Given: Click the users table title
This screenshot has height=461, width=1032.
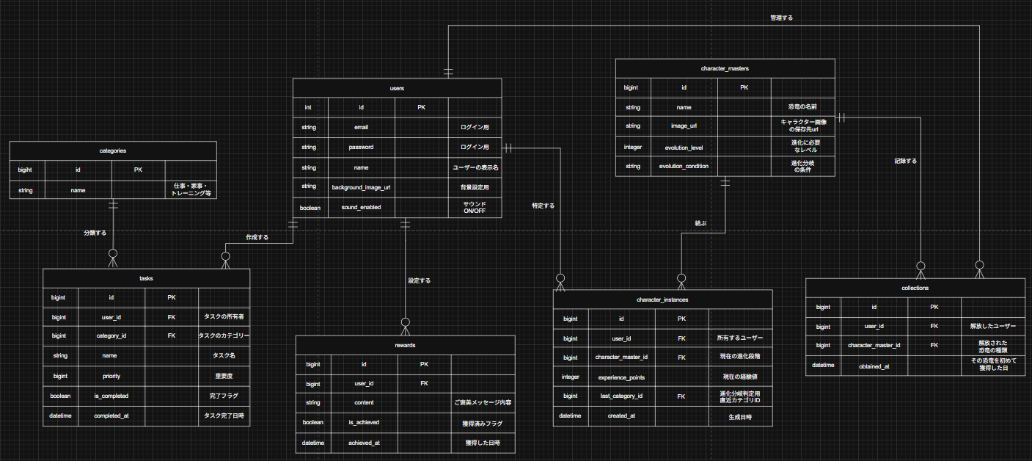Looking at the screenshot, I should pyautogui.click(x=397, y=88).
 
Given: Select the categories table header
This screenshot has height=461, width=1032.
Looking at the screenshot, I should pyautogui.click(x=113, y=150).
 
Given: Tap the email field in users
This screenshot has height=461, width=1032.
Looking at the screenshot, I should pyautogui.click(x=361, y=127).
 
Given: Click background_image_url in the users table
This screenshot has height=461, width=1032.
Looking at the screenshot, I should pyautogui.click(x=361, y=188).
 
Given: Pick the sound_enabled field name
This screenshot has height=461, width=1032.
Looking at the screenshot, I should pyautogui.click(x=361, y=208).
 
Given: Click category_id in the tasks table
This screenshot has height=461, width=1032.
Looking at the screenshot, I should pyautogui.click(x=111, y=335).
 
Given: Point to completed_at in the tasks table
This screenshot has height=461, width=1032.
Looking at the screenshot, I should pyautogui.click(x=111, y=415).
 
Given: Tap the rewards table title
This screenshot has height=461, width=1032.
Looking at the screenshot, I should pyautogui.click(x=405, y=344).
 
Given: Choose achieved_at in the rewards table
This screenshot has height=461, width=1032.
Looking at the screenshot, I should pyautogui.click(x=364, y=443).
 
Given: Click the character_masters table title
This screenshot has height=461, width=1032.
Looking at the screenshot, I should pyautogui.click(x=725, y=68).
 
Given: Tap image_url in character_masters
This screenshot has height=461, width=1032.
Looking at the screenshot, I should pyautogui.click(x=684, y=126).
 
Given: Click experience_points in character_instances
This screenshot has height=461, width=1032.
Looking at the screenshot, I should pyautogui.click(x=621, y=377).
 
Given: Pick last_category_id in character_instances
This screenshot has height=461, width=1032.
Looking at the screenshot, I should pyautogui.click(x=621, y=396).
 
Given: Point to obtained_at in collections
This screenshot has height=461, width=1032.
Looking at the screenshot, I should pyautogui.click(x=874, y=366).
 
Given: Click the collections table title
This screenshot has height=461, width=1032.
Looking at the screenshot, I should pyautogui.click(x=915, y=288).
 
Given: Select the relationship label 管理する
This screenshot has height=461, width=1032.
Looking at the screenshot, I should pyautogui.click(x=781, y=17).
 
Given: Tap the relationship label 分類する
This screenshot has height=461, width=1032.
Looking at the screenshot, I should pyautogui.click(x=95, y=233).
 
